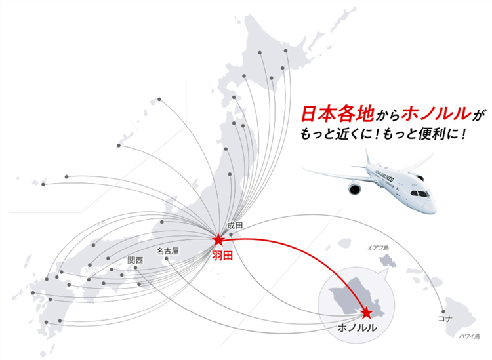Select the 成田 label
point(235,226)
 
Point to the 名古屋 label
point(167,250)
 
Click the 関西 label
point(136,260)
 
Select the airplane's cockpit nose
point(430,205)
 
